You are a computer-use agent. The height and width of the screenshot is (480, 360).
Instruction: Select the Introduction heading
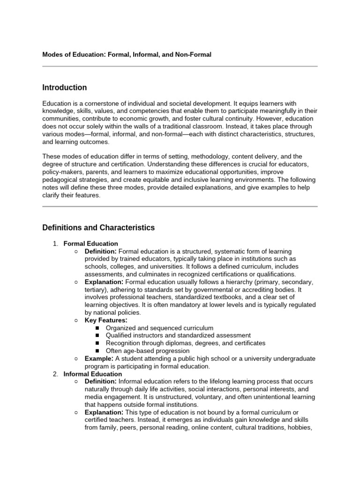tap(64, 88)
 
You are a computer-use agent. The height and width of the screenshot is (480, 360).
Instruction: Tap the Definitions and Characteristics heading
tap(98, 228)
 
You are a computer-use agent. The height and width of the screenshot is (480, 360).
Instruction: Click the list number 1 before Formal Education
tap(55, 244)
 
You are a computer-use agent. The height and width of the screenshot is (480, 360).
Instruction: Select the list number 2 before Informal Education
tap(55, 374)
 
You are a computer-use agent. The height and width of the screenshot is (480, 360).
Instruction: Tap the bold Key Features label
tap(105, 320)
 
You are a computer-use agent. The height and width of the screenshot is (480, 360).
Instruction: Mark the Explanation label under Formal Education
tap(104, 282)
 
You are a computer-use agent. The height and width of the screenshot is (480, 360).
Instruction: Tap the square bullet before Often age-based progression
tap(97, 351)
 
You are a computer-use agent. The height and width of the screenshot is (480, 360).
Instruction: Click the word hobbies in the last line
tap(300, 427)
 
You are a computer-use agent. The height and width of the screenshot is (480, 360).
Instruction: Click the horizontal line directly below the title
tap(180, 67)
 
